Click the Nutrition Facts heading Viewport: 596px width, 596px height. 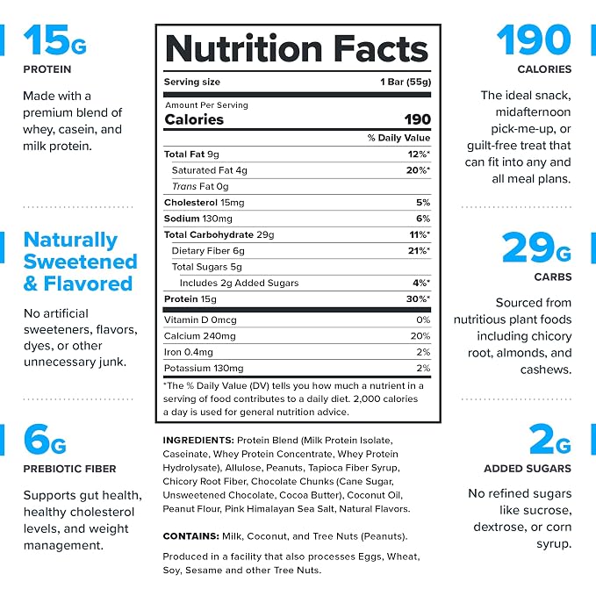click(x=297, y=48)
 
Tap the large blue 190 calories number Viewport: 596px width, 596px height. click(x=534, y=39)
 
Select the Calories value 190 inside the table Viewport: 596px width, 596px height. click(x=417, y=119)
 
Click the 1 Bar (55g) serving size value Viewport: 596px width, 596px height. click(x=406, y=83)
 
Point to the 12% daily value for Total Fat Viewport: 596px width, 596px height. click(x=419, y=154)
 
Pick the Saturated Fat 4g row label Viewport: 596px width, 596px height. click(x=210, y=170)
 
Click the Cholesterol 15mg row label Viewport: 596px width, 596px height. click(x=205, y=203)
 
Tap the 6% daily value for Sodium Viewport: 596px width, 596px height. click(x=423, y=219)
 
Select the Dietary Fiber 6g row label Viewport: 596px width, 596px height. click(x=208, y=251)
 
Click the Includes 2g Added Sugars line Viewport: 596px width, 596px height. click(x=239, y=284)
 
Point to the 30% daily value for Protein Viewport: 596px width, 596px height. click(x=418, y=299)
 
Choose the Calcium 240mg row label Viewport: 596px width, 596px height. click(x=199, y=336)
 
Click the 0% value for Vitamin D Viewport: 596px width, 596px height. click(x=423, y=320)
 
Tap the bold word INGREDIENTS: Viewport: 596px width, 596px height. click(x=198, y=440)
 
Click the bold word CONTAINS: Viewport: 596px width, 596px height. click(x=190, y=536)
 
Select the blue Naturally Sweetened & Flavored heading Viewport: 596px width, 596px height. click(x=80, y=262)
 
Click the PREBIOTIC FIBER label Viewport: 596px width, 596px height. click(x=69, y=469)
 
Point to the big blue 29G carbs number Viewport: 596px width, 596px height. click(x=536, y=248)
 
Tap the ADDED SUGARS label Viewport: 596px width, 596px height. click(x=528, y=469)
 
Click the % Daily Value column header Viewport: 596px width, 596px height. click(x=399, y=138)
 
